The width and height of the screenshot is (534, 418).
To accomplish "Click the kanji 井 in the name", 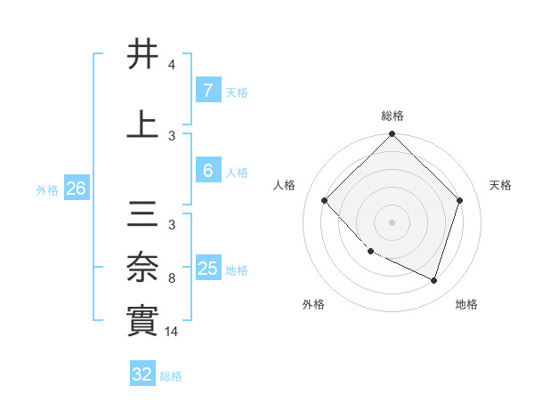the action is point(143,54).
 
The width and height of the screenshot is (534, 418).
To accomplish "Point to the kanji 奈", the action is point(143,266).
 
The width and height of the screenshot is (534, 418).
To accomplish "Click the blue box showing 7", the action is point(207,91).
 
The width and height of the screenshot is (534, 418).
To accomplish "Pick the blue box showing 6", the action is point(207,171).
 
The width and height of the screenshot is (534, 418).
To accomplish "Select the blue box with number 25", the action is point(208,269).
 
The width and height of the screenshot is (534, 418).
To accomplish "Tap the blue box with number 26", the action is point(76,189).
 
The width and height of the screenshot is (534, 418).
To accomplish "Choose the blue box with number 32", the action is point(142,374).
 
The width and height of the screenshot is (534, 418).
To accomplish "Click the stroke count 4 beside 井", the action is point(172,65).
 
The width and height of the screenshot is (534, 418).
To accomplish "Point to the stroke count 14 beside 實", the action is point(173,331).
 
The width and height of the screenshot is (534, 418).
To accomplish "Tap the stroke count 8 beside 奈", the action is point(172,278).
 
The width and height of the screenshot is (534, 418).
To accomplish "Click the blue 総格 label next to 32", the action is point(171,376).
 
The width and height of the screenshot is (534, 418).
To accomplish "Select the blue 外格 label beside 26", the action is point(47,189).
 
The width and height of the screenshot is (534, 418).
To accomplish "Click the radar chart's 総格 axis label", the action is point(392,116).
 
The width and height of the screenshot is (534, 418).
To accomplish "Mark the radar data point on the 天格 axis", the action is point(460,200).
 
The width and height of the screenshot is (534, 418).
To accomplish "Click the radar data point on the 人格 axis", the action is point(325,200).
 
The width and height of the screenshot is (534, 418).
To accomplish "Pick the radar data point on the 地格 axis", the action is point(433,280).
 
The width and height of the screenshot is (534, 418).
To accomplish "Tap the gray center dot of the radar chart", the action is point(392,222).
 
